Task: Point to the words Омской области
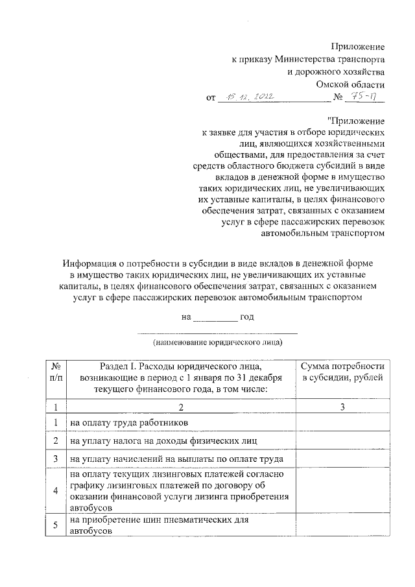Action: click(x=350, y=84)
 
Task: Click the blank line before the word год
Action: click(x=216, y=317)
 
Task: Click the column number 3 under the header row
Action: click(x=343, y=407)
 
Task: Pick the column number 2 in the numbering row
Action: click(x=180, y=407)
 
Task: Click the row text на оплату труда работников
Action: click(x=130, y=423)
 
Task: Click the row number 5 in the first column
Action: click(x=56, y=525)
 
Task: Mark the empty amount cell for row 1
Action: click(x=343, y=423)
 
